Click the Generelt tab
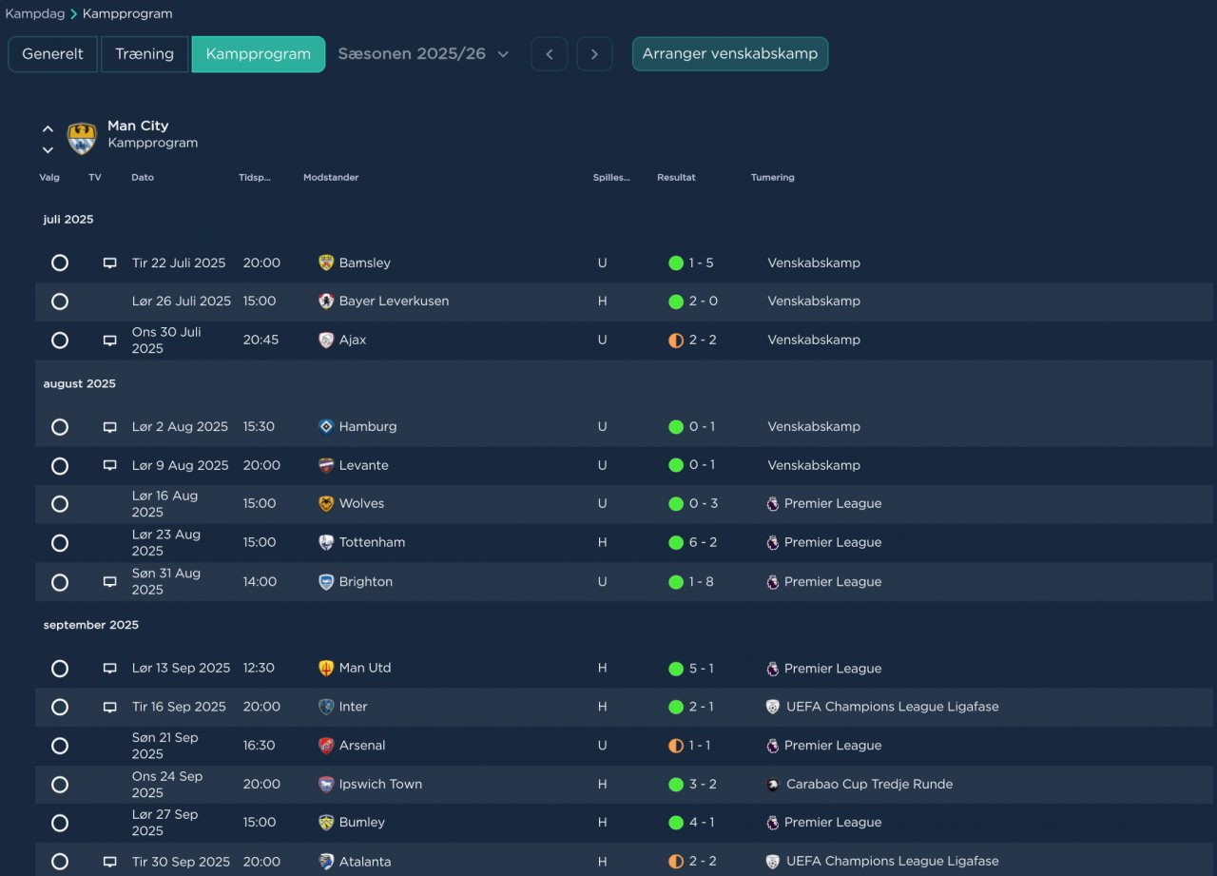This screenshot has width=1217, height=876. tap(52, 54)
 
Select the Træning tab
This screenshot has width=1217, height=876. tap(145, 54)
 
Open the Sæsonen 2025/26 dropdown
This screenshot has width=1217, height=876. tap(423, 54)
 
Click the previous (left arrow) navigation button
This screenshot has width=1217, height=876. tap(550, 54)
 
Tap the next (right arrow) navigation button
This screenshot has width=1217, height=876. tap(594, 54)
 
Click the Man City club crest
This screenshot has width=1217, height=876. tap(82, 138)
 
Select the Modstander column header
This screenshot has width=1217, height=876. tap(331, 177)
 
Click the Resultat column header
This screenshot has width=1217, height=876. tap(676, 177)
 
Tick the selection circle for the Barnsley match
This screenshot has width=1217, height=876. tap(60, 263)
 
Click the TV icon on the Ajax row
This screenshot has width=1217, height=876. tap(109, 341)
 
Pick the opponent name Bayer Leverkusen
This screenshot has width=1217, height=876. tap(394, 302)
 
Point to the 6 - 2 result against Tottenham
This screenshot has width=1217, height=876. tap(703, 542)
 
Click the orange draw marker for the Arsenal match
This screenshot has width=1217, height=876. tap(676, 746)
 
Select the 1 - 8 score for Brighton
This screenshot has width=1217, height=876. tap(701, 581)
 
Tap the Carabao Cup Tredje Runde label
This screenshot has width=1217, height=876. tap(869, 784)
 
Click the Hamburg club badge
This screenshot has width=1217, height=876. tap(326, 427)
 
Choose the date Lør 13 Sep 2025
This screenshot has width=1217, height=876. tap(181, 668)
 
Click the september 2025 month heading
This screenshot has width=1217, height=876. tap(90, 625)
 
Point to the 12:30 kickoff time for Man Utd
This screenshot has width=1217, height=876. tap(259, 668)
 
